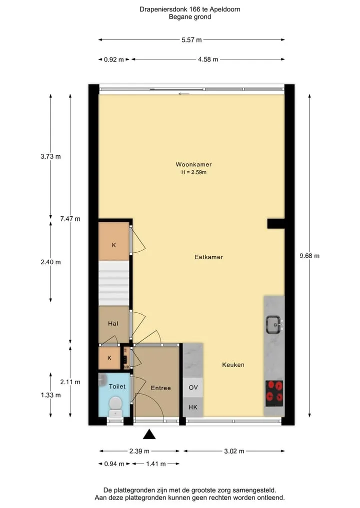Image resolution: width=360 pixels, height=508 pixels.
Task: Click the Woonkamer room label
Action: click(x=193, y=164)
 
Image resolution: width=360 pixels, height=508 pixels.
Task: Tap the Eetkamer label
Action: click(x=209, y=257)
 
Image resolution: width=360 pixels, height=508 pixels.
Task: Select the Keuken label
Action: click(x=233, y=365)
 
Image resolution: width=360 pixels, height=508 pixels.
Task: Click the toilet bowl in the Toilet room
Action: click(x=115, y=406)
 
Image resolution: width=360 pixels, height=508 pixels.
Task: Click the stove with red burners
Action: click(x=274, y=393)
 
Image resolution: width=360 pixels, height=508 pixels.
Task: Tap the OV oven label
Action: click(x=193, y=388)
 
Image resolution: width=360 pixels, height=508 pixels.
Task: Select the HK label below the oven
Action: click(x=193, y=407)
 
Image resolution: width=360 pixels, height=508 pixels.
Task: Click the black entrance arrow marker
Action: click(x=149, y=434)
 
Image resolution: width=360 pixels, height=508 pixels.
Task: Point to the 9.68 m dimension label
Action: click(x=309, y=256)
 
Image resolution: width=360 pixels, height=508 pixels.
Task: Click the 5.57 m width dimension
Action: click(x=191, y=40)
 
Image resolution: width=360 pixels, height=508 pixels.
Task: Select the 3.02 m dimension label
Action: click(x=234, y=451)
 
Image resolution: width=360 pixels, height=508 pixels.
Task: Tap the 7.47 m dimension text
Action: click(x=70, y=219)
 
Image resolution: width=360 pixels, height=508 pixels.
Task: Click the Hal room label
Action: click(x=113, y=323)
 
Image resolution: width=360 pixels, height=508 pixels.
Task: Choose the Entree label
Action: click(x=161, y=388)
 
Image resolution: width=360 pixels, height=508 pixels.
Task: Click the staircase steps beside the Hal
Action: click(x=114, y=283)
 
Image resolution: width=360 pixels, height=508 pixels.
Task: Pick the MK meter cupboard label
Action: click(x=127, y=367)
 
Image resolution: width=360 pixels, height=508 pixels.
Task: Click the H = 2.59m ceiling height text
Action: click(x=194, y=172)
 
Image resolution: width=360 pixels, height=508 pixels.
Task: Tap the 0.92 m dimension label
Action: click(x=114, y=59)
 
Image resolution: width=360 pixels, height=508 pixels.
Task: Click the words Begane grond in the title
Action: click(x=190, y=17)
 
